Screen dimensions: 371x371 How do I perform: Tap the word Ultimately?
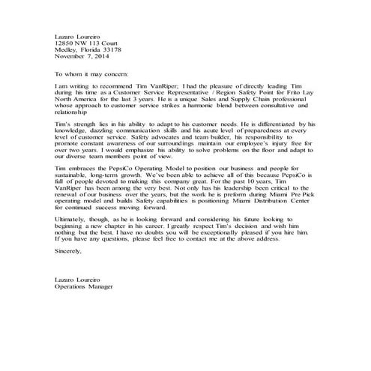[x=72, y=234]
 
